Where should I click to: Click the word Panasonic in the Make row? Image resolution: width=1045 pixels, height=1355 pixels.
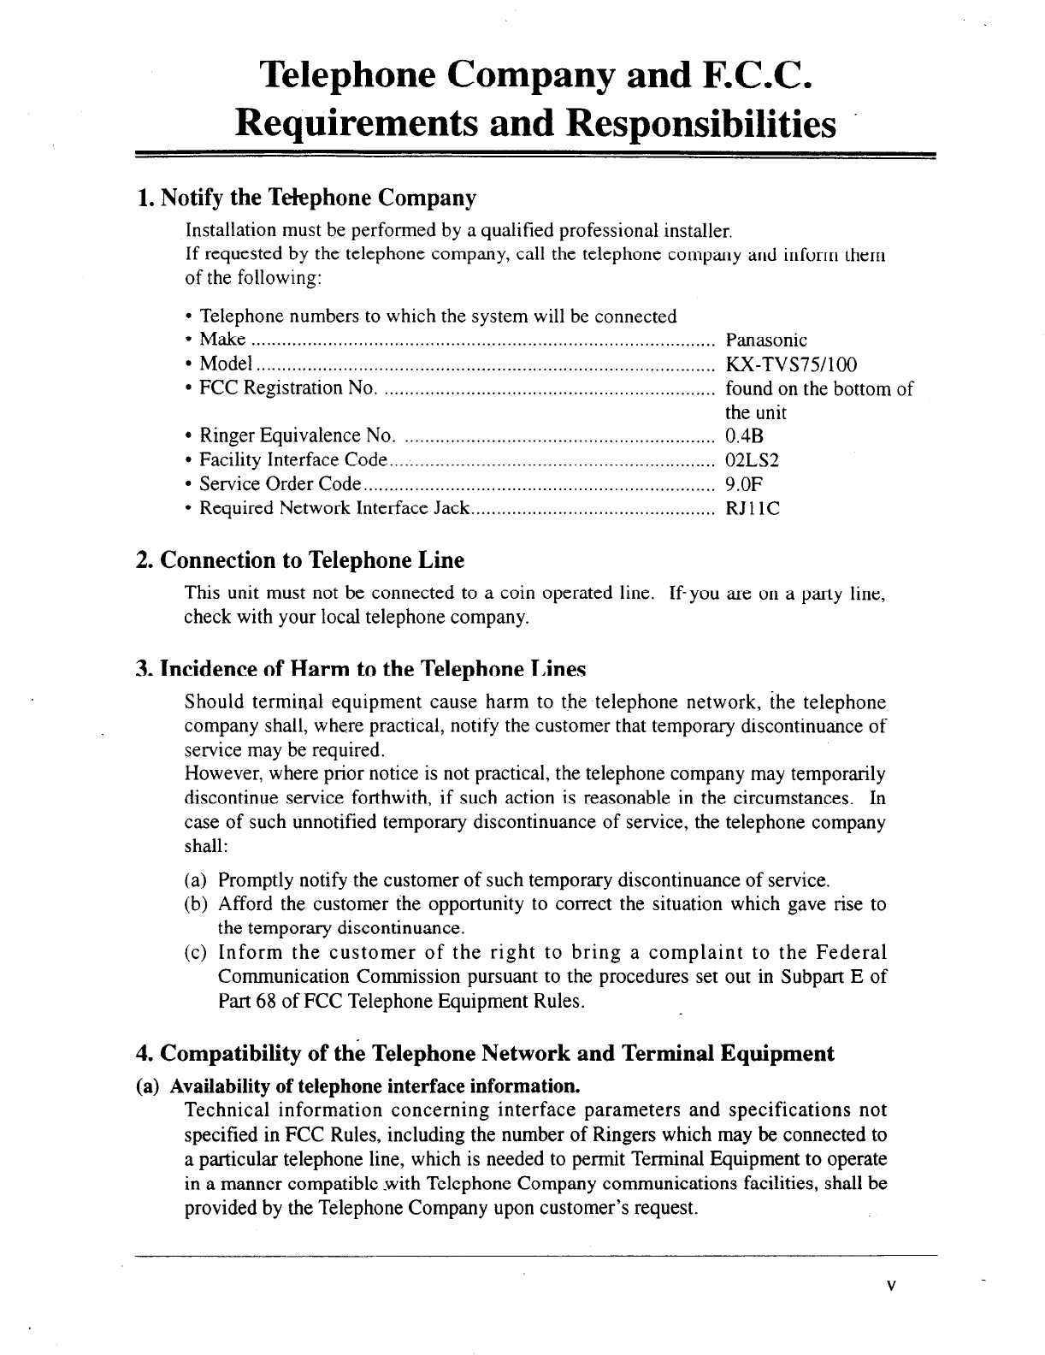pos(766,340)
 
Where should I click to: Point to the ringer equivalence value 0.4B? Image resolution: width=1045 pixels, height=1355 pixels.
pos(743,436)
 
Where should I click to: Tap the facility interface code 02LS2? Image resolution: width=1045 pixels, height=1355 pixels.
pos(752,460)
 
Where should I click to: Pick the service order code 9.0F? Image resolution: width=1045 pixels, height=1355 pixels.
pos(743,484)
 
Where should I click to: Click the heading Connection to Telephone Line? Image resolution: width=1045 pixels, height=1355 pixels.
pos(312,560)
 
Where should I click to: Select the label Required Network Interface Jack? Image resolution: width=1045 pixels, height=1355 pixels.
pos(334,508)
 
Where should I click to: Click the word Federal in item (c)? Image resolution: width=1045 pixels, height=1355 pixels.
pos(851,952)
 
